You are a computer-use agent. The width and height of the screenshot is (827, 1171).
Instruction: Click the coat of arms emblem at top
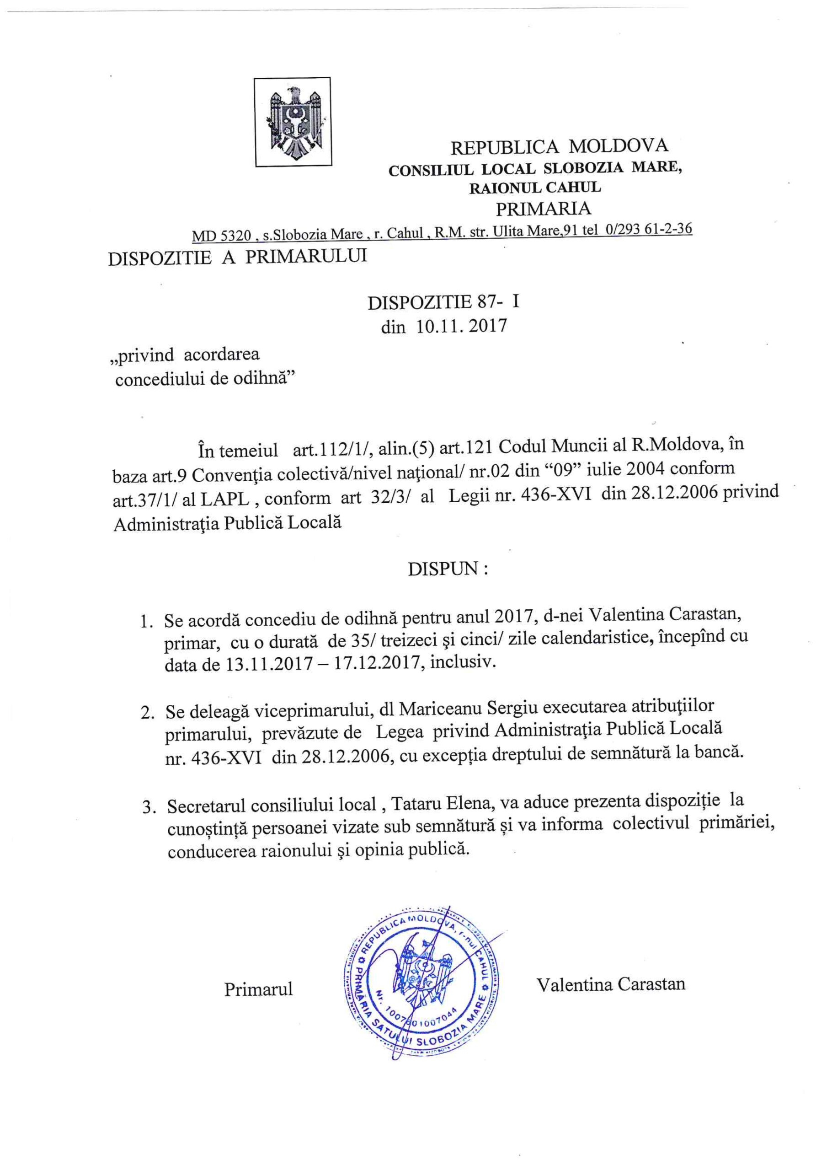[x=293, y=121]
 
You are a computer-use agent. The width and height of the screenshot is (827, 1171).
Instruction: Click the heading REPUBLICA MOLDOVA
[x=559, y=146]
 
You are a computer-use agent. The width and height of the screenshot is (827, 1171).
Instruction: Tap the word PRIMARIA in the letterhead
[x=544, y=209]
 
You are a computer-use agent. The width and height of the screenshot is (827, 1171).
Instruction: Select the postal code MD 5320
[x=222, y=236]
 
